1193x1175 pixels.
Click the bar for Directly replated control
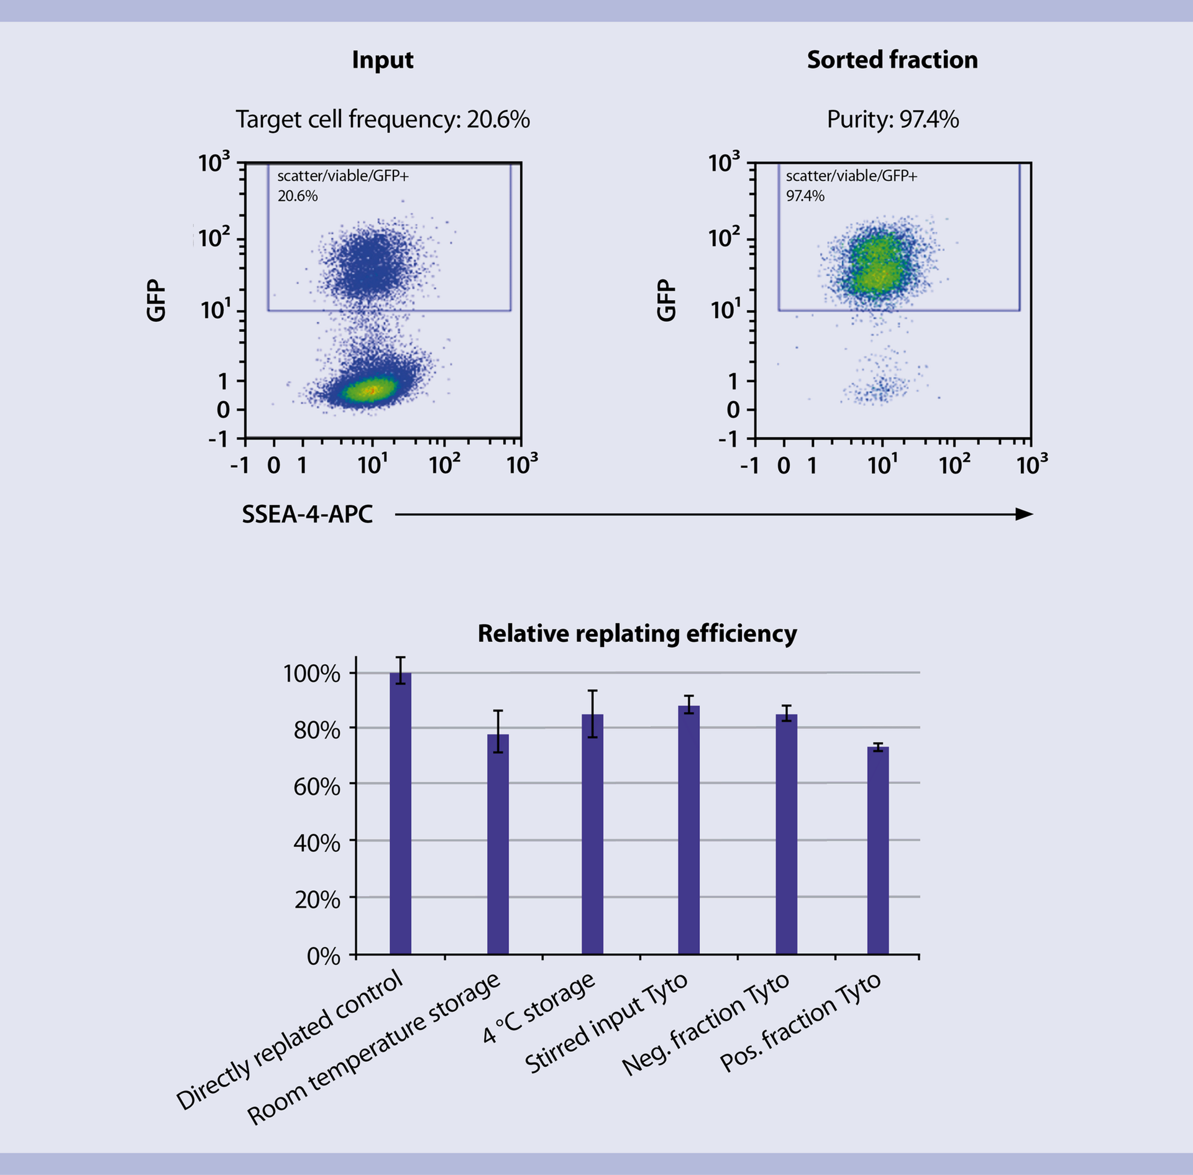point(400,814)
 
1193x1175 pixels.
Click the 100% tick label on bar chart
point(312,674)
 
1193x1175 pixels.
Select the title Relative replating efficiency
point(637,634)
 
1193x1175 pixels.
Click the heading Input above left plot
point(382,60)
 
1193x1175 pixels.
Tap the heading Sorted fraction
point(892,60)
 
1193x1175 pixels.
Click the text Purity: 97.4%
point(892,119)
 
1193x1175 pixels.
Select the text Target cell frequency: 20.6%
point(382,119)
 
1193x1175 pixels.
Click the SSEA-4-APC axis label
point(307,514)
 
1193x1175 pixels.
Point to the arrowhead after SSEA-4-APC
point(1023,514)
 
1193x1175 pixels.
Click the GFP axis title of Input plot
point(156,300)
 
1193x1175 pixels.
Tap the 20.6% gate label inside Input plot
point(297,196)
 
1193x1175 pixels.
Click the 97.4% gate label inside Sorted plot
point(805,196)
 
